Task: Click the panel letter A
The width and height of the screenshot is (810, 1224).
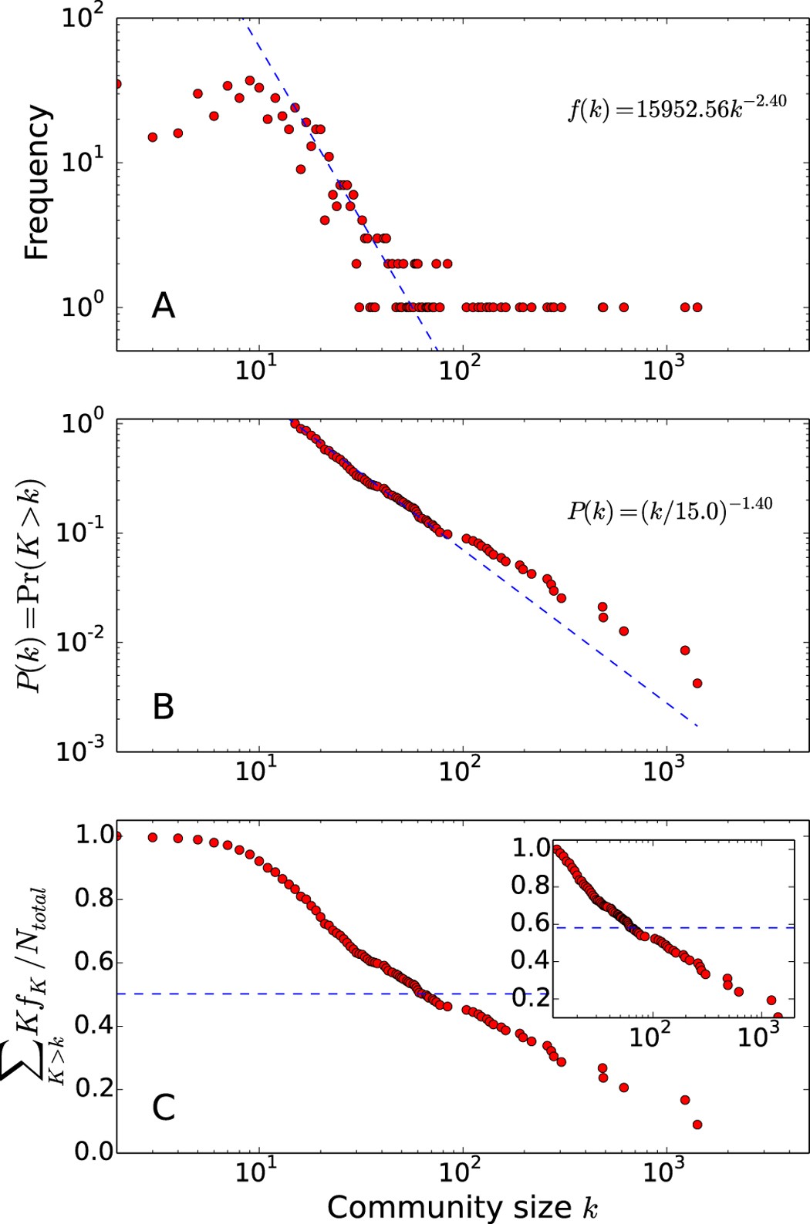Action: point(164,307)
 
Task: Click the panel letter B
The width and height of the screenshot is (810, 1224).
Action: point(164,707)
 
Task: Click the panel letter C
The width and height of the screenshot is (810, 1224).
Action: point(164,1108)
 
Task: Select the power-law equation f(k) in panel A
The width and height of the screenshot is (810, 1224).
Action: point(677,108)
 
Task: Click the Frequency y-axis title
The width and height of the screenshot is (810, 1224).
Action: point(37,183)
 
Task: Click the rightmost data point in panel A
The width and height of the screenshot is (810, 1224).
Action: point(697,308)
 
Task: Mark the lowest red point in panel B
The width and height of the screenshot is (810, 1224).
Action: point(697,683)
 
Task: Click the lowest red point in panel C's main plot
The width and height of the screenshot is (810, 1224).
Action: point(697,1125)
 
